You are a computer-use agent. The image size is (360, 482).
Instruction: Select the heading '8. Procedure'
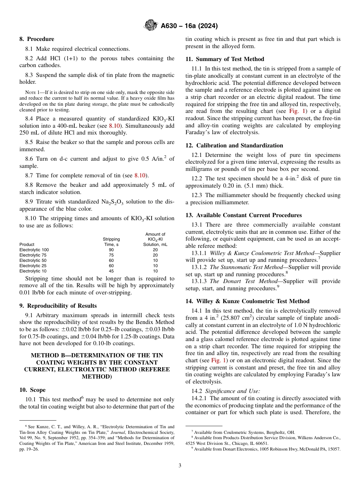tap(37, 39)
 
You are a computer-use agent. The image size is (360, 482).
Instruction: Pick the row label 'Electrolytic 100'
tap(34, 250)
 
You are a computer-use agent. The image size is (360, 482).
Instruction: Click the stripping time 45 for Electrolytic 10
tap(111, 271)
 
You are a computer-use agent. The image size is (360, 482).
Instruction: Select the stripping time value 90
tap(111, 250)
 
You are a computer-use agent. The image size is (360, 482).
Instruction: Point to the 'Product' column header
tap(27, 244)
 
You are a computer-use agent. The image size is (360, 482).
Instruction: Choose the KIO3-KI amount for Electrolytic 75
tap(155, 255)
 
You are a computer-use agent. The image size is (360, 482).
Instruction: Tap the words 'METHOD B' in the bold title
tap(47, 355)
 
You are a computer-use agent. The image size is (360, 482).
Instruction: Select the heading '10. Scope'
tap(32, 390)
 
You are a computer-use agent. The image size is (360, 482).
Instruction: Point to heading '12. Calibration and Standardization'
tap(234, 146)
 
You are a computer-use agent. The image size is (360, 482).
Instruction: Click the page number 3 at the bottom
tap(180, 465)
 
